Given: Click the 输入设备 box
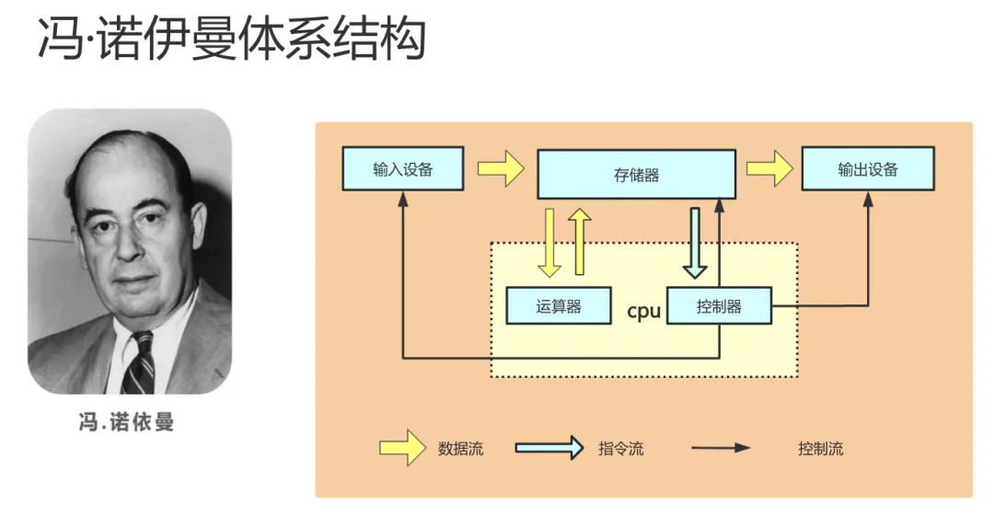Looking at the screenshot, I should click(402, 168).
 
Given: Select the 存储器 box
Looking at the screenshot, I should click(636, 174).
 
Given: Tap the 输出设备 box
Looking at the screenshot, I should click(868, 168).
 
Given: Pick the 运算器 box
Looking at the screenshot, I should click(559, 306).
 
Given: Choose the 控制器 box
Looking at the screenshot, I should click(719, 306).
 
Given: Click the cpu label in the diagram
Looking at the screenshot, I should click(643, 311).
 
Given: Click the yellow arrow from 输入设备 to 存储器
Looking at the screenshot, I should click(501, 169).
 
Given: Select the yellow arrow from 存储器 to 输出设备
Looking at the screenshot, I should click(769, 169).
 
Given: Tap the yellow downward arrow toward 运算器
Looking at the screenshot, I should click(549, 242).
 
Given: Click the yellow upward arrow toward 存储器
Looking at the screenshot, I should click(580, 242).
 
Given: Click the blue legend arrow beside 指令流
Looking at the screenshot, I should click(549, 449).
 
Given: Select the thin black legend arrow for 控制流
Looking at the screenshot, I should click(722, 449).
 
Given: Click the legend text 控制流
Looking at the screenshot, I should click(821, 450).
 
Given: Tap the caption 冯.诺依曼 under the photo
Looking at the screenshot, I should click(126, 423).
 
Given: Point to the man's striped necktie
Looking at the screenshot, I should click(140, 362).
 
